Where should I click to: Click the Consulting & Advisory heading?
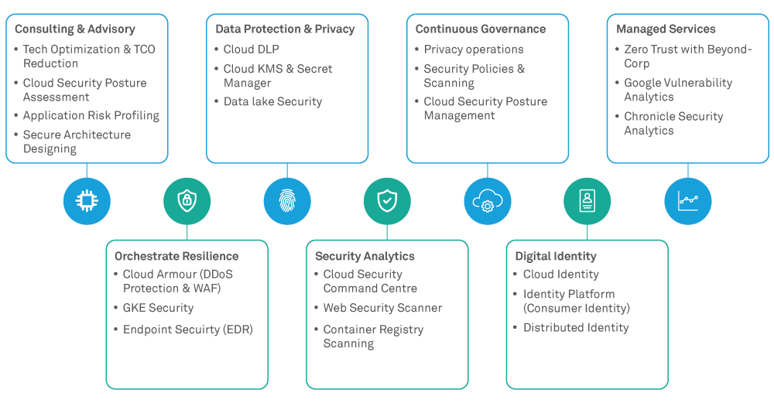click(x=75, y=29)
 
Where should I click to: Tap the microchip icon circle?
click(x=87, y=201)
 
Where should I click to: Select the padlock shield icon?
click(x=187, y=201)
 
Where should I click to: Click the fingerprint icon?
click(x=287, y=201)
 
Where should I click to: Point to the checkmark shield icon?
click(x=387, y=201)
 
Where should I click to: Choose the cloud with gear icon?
click(x=487, y=201)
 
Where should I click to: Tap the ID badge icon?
click(x=587, y=201)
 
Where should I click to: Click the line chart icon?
click(x=687, y=201)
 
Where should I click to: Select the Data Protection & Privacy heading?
click(x=285, y=29)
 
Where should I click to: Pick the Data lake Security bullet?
click(x=272, y=101)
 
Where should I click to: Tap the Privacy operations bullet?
click(x=474, y=50)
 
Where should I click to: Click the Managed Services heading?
click(x=666, y=29)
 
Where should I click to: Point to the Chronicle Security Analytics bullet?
click(x=673, y=123)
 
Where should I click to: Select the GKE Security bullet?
click(x=158, y=308)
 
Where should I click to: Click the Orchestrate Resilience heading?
click(x=176, y=256)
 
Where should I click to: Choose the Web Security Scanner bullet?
click(x=382, y=308)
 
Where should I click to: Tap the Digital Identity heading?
click(x=556, y=256)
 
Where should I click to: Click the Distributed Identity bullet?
click(x=576, y=328)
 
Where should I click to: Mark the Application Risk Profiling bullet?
click(x=91, y=116)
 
